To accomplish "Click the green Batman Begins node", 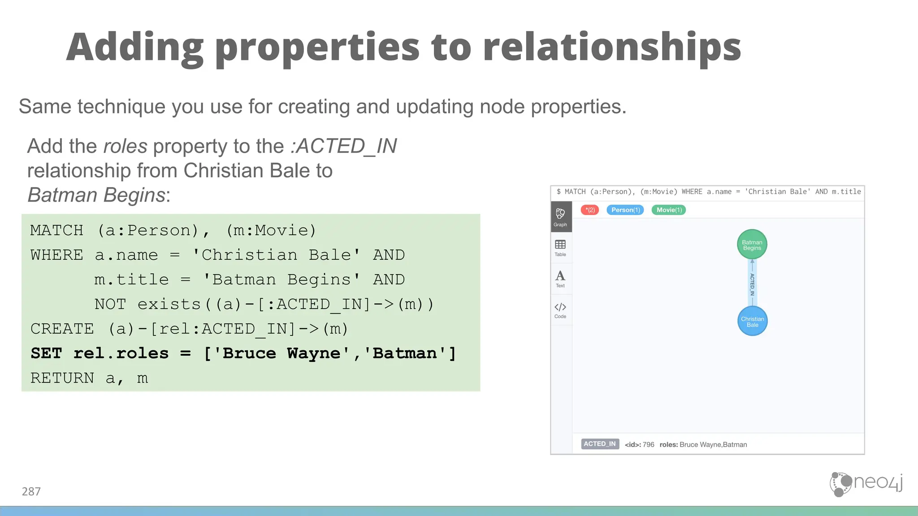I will [752, 245].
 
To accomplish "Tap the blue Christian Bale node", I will [752, 321].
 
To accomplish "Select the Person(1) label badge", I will [625, 210].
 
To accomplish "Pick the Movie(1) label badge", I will [669, 210].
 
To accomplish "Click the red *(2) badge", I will [589, 210].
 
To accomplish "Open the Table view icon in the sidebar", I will [560, 248].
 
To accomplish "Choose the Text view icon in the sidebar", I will [560, 279].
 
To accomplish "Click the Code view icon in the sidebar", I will [560, 310].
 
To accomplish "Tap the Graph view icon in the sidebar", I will [560, 217].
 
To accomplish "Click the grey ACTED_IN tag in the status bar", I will [600, 444].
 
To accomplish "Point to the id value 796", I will [648, 445].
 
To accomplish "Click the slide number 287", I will [31, 492].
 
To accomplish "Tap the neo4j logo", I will [866, 484].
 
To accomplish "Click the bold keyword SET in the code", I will [46, 353].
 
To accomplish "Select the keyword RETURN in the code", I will [62, 378].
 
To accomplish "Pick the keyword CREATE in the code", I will [62, 329].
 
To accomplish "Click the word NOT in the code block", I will [110, 304].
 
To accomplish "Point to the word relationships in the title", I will [612, 47].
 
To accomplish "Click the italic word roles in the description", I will [125, 146].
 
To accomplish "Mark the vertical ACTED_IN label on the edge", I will [752, 284].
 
